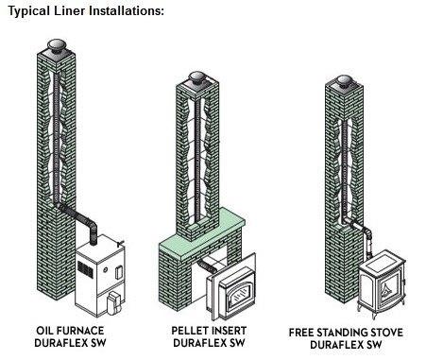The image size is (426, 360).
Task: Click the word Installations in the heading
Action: click(126, 10)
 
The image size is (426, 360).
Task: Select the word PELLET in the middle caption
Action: click(190, 331)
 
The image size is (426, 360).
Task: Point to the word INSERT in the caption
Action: click(230, 331)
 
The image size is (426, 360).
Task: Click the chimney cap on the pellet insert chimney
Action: click(197, 78)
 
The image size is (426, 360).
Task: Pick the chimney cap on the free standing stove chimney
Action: click(344, 80)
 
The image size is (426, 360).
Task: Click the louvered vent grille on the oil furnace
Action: click(85, 269)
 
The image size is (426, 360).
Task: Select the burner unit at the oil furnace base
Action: click(114, 302)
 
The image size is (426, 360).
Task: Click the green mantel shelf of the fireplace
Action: click(202, 233)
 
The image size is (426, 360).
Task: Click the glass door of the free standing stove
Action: click(389, 286)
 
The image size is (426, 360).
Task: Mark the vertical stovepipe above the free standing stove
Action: click(368, 244)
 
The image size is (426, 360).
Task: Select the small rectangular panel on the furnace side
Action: click(119, 273)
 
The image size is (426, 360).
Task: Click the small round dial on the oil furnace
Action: click(106, 270)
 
